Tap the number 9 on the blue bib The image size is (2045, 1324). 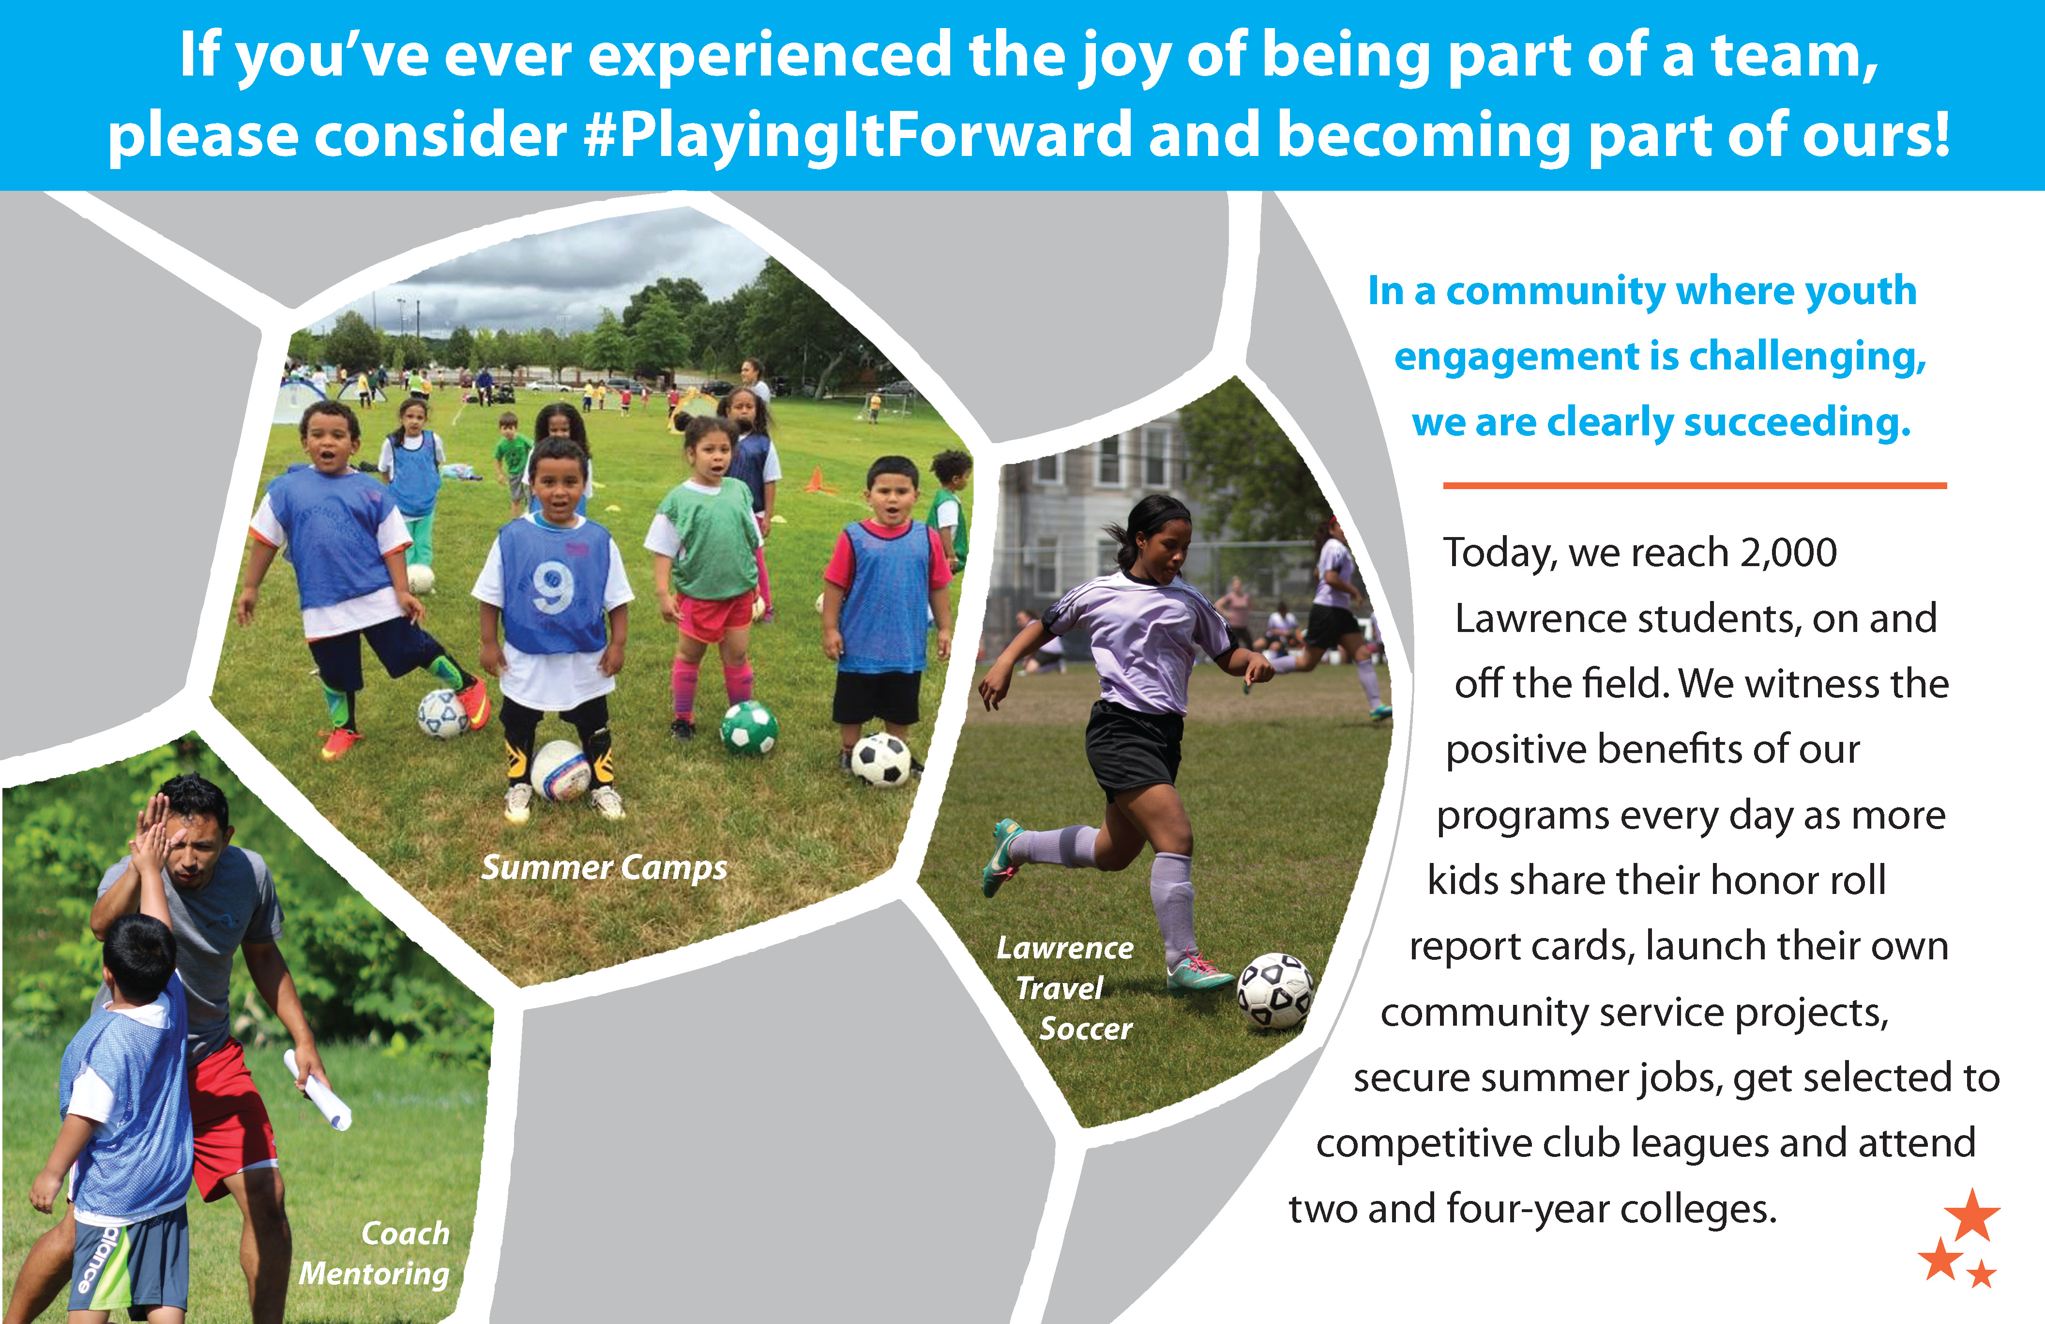point(552,588)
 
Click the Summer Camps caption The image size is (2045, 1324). point(604,867)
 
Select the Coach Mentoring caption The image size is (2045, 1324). point(375,1253)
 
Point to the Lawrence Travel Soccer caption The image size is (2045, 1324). point(1065,988)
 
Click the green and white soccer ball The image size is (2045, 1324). point(748,727)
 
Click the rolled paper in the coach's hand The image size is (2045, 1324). point(318,1089)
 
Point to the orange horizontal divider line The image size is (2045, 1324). point(1695,486)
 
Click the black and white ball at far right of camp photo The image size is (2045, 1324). point(881,760)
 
